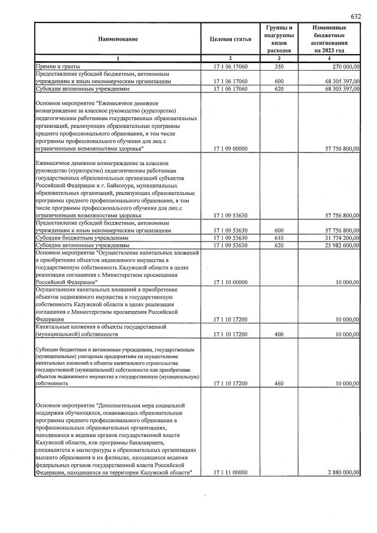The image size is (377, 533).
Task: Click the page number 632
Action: click(x=355, y=16)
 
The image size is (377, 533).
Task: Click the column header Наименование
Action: click(x=118, y=39)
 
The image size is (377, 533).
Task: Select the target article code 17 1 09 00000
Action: click(x=230, y=150)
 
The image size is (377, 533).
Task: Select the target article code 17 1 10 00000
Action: click(x=230, y=282)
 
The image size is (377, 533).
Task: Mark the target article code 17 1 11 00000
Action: click(x=230, y=473)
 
